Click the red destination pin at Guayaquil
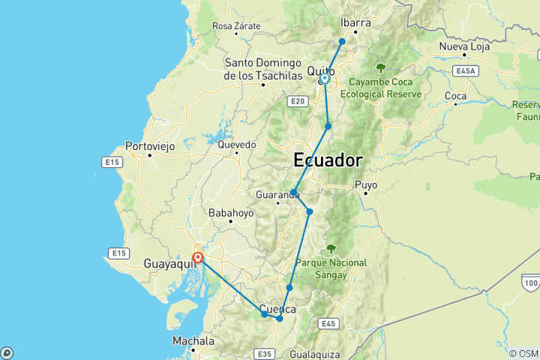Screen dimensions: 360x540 pos(197,258)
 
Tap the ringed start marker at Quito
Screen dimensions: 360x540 pos(325,78)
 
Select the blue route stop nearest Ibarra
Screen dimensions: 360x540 pos(342,41)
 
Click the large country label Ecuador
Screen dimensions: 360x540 pos(328,160)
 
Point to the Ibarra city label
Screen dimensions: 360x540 pos(356,23)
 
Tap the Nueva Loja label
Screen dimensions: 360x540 pos(463,47)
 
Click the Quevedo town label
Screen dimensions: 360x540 pos(237,144)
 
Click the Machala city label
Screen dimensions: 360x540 pos(193,341)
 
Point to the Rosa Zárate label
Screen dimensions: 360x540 pos(237,26)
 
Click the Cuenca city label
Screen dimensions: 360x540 pos(278,308)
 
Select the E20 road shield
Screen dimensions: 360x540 pos(298,100)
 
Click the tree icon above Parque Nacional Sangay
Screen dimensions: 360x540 pos(331,248)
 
